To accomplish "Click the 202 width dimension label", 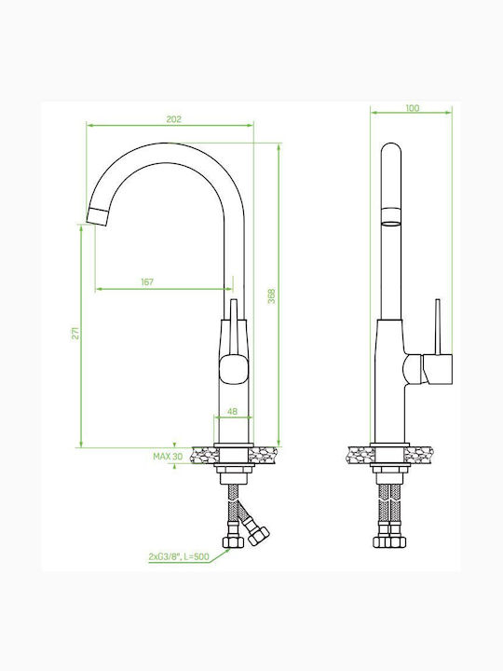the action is pos(173,119).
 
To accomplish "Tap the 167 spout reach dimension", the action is pos(147,282).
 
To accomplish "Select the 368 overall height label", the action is pos(272,296).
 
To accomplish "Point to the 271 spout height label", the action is pos(75,333).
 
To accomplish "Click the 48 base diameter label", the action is pos(232,411).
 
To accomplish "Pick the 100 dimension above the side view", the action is pos(413,108).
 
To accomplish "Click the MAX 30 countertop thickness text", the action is pos(168,457).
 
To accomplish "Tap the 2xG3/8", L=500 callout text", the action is pos(179,556).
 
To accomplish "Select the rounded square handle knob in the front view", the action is pos(234,368).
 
